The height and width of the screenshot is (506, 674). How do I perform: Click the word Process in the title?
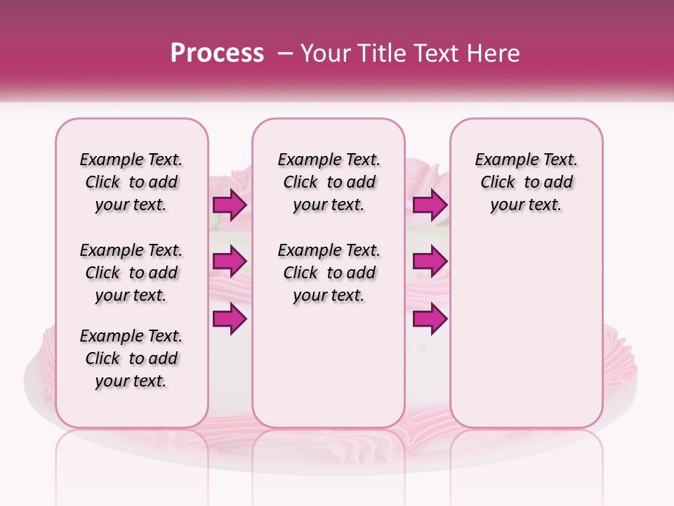(x=217, y=53)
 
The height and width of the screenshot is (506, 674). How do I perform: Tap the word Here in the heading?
(x=494, y=53)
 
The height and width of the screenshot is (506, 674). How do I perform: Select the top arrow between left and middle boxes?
(x=230, y=205)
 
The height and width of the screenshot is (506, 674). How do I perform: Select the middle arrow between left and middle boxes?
(x=230, y=262)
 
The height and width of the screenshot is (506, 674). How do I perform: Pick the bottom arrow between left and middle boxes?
(x=230, y=319)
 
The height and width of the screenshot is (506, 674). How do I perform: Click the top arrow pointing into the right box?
(x=430, y=205)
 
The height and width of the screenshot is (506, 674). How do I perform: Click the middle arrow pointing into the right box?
(x=430, y=262)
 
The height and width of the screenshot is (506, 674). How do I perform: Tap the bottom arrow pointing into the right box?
(x=430, y=319)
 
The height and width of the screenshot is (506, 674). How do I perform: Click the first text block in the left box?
(x=131, y=182)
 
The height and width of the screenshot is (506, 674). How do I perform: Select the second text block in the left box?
(x=131, y=273)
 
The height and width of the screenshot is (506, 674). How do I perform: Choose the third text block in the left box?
(x=131, y=358)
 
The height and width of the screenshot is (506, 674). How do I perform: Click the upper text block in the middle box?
(x=329, y=182)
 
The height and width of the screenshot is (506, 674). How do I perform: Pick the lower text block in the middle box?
(x=329, y=273)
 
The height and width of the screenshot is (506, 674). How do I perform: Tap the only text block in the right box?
(x=526, y=182)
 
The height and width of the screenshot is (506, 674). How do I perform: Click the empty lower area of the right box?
(x=526, y=330)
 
